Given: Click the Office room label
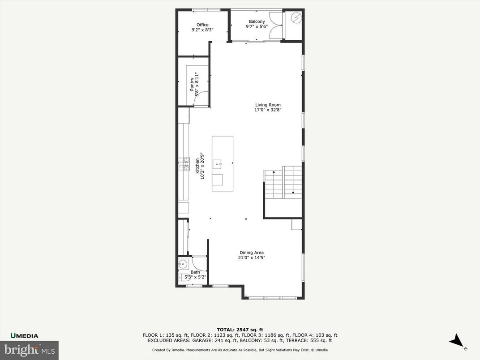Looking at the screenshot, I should (202, 25).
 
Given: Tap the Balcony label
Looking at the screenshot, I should (257, 21).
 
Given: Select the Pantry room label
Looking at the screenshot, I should (192, 85).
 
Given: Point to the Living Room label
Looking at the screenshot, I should (268, 105).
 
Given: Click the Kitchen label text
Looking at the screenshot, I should (197, 166).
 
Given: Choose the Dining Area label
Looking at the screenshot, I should (252, 253).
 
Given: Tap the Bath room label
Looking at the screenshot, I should (195, 272).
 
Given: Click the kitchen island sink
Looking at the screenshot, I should (219, 164).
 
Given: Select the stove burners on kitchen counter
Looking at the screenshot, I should (184, 164).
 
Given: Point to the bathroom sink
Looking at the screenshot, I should (183, 265).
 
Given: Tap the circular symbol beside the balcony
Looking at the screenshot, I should (296, 18).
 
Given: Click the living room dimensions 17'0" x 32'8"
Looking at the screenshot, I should (268, 110).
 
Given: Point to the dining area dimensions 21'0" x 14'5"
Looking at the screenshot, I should (252, 257).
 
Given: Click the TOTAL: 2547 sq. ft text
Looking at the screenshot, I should (240, 330).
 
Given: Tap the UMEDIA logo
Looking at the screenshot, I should (25, 335).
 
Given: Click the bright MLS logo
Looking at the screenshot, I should (29, 350).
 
